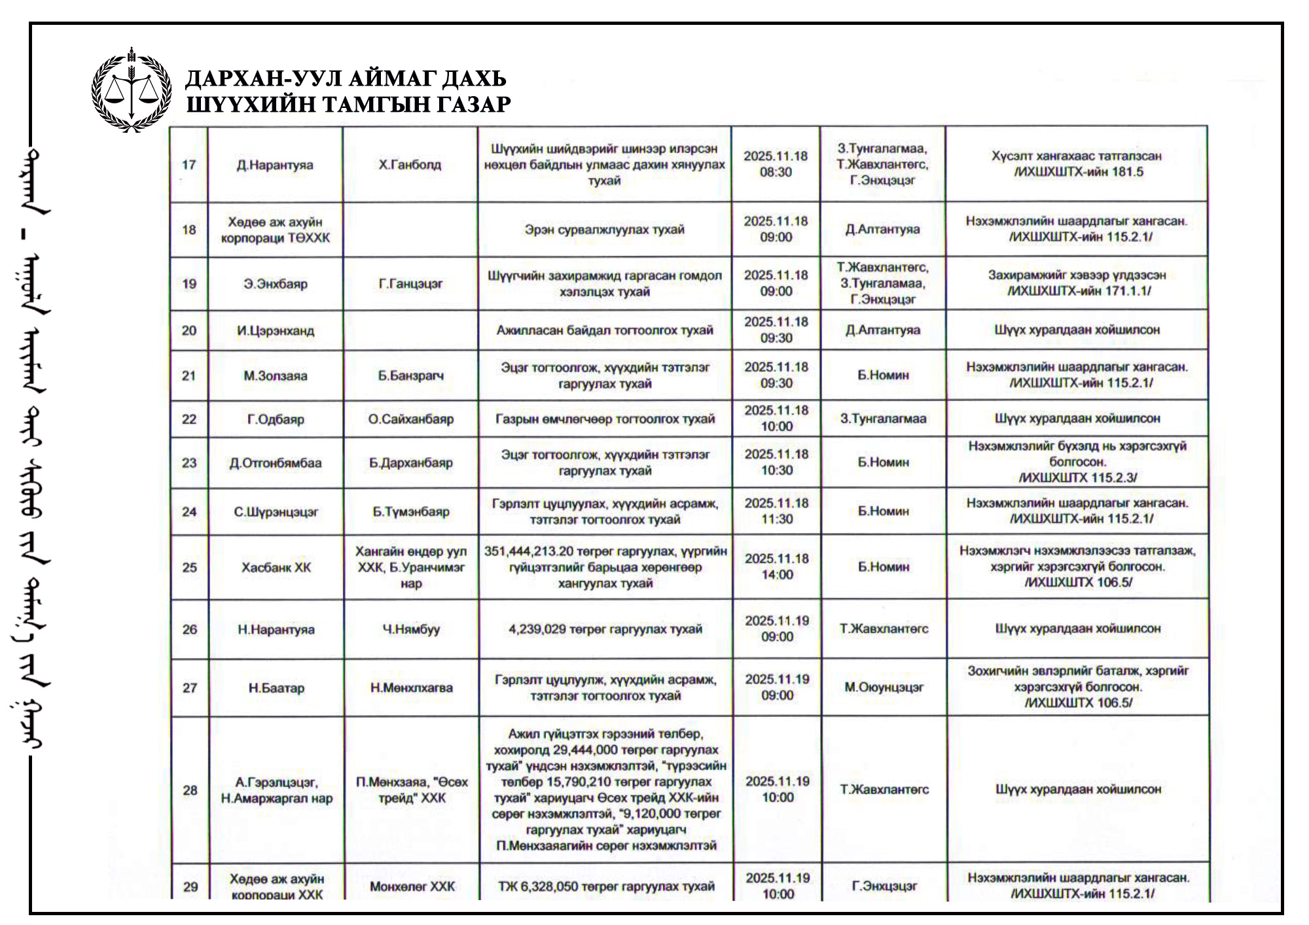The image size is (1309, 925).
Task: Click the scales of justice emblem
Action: pos(132,90)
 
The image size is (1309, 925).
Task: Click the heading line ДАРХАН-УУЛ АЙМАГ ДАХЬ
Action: pos(346,79)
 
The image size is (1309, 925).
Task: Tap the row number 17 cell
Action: pos(188,165)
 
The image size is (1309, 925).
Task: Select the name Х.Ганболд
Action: pos(410,165)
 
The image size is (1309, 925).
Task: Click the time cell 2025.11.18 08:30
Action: pos(776,164)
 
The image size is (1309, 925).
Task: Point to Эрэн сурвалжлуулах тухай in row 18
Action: pos(604,230)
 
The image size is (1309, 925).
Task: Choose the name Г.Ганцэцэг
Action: pos(410,284)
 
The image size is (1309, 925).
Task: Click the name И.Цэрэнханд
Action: pos(276,330)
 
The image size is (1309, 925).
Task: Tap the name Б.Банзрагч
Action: pos(410,375)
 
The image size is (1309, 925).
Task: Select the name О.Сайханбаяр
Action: pos(410,419)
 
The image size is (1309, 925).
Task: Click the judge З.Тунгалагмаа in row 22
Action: pos(883,419)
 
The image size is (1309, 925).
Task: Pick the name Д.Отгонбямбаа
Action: pos(276,463)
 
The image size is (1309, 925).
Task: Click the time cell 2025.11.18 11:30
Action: pos(777,511)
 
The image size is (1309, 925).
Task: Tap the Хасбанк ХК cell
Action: pos(276,567)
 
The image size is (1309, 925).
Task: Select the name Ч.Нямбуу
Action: pos(411,629)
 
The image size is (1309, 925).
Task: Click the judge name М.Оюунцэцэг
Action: pos(884,688)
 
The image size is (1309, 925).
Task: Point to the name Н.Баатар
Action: pos(276,688)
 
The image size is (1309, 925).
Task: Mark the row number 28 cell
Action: pos(190,790)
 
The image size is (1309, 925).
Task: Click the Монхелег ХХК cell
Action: pos(412,886)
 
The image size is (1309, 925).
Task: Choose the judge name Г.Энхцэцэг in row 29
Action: pos(884,886)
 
